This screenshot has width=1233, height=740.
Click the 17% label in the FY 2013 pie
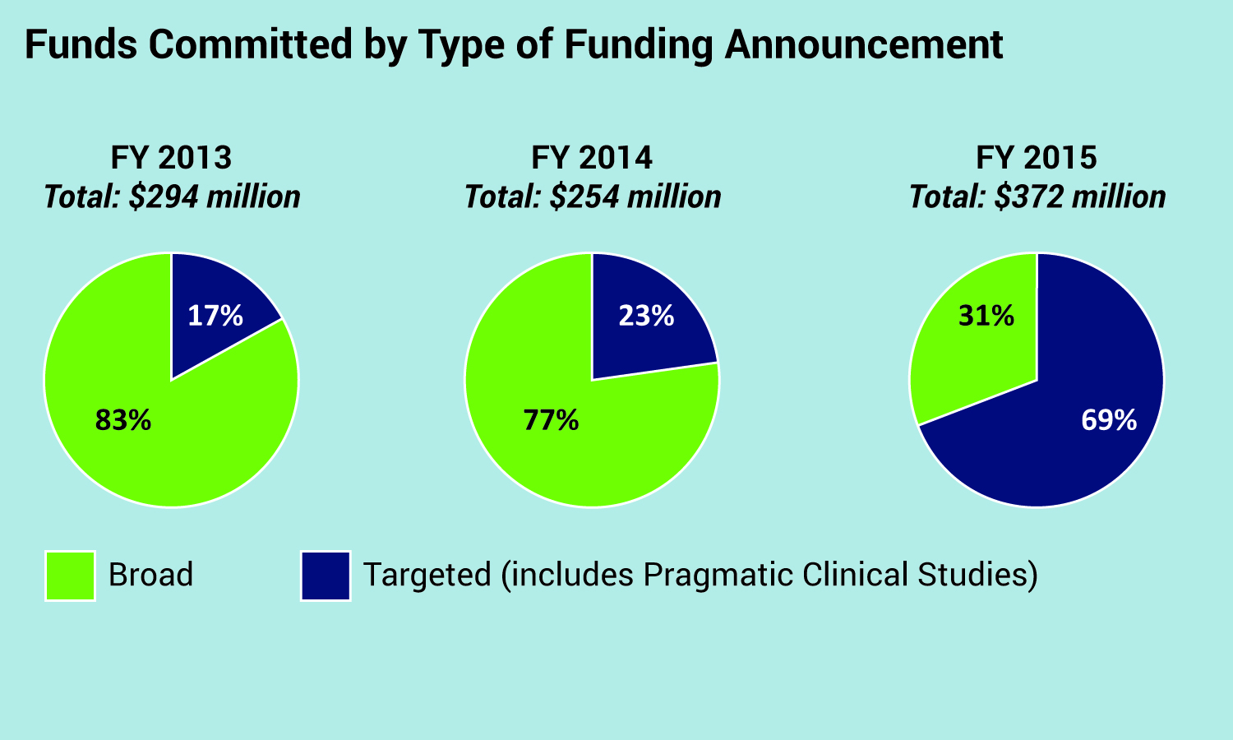coord(215,316)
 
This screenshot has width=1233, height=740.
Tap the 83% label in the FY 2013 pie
coord(123,420)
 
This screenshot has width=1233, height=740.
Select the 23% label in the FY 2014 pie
coord(646,316)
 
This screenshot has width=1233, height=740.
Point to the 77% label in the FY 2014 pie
coord(551,420)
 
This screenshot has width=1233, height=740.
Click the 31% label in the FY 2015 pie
coord(986,316)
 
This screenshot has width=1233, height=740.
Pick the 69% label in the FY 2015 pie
coord(1109,420)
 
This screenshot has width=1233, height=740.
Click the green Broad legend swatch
coord(70,576)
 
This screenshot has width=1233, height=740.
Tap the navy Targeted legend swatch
coord(326,576)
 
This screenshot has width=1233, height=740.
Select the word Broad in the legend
coord(151,575)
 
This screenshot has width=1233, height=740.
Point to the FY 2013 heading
coord(172,157)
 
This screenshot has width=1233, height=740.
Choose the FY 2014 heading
coord(592,157)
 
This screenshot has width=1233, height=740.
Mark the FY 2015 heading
coord(1037,157)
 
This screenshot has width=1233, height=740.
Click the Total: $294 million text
coord(172,197)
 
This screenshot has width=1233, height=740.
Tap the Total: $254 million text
coord(593,197)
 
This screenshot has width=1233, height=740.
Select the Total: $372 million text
coord(1037,197)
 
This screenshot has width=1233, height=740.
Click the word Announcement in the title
coord(863,44)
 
